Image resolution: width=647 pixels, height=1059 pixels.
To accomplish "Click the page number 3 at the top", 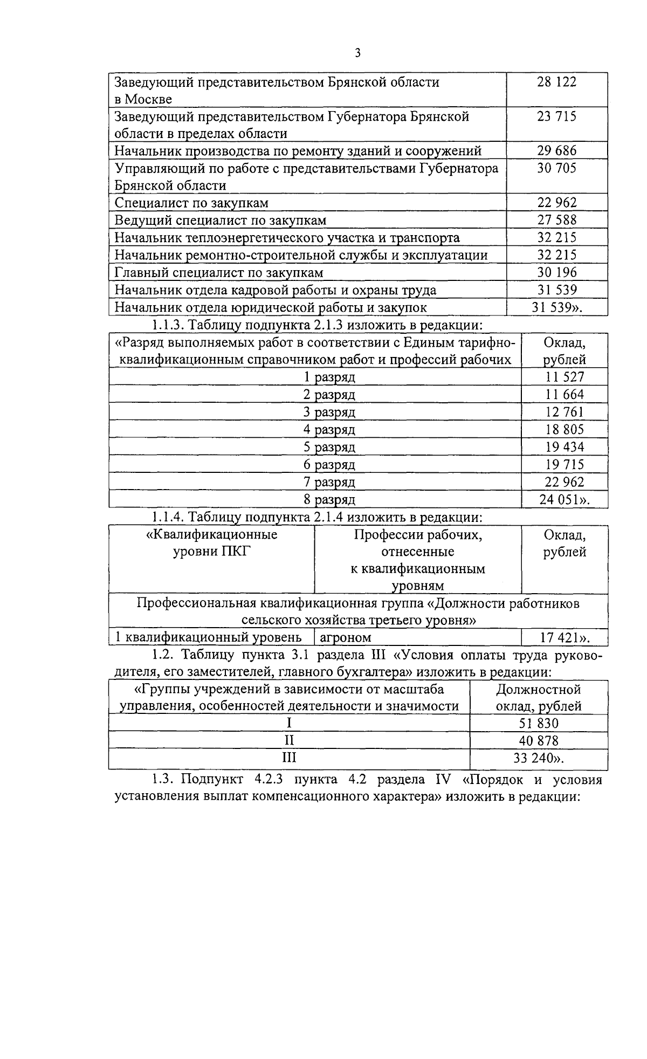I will pos(357,53).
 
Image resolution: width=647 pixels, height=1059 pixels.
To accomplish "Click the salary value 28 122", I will pos(556,82).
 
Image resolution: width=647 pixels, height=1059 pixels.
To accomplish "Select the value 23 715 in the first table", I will pos(556,116).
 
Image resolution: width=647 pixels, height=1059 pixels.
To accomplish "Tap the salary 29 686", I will pos(556,151).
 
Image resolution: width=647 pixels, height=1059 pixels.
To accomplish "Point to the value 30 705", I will pos(556,168).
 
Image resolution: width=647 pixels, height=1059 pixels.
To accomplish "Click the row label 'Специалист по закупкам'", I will pos(191,203).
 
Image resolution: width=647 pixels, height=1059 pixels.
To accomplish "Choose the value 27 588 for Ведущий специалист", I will pos(556,220).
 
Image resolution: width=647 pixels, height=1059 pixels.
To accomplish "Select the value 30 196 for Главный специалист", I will pos(556,273).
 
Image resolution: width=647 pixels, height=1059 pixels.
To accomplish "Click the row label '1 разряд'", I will pos(329,377).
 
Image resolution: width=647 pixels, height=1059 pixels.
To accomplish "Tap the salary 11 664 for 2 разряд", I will pos(564,395).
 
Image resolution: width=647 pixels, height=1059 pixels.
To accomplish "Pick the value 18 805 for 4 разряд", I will pos(564,430).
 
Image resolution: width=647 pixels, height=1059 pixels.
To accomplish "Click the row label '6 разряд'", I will pos(329,465).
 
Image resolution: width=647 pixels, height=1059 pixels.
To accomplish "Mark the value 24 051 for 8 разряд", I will pos(564,500).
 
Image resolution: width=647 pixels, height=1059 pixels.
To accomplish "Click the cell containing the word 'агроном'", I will pos(346,638).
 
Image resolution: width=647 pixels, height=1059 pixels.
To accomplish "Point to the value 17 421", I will pos(564,638).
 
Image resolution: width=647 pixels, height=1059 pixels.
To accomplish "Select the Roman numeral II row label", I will pos(289,741).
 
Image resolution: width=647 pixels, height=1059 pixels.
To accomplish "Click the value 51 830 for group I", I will pos(539,724).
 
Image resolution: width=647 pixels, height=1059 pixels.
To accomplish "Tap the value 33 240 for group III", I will pos(539,759).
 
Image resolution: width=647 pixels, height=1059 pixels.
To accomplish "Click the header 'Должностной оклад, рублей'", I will pos(538,698).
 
